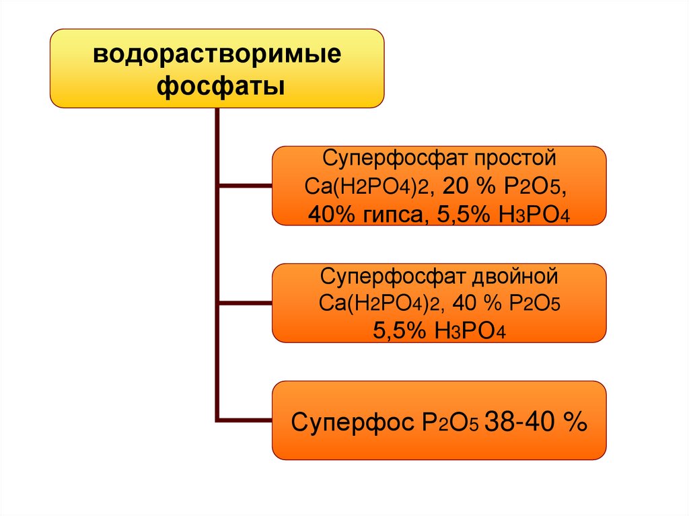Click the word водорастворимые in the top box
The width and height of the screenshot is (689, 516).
point(217,54)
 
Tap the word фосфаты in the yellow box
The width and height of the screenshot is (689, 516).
point(217,86)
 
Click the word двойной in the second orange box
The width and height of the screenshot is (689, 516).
point(517,276)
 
